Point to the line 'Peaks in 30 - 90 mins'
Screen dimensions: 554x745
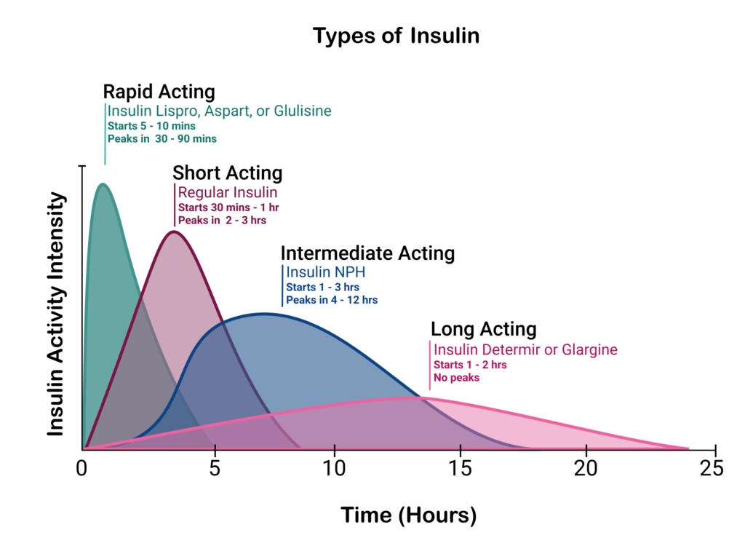coord(162,138)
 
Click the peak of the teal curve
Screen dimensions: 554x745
coord(103,183)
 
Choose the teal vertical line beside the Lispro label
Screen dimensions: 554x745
coord(105,135)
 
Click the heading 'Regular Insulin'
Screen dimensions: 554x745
coord(228,193)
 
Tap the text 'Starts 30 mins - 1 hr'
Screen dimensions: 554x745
coord(228,207)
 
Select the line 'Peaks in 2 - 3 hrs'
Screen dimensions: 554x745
coord(222,220)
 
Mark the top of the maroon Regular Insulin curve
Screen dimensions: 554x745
coord(173,232)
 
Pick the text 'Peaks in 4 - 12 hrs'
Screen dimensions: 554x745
coord(332,300)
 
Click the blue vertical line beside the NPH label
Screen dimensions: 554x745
coord(282,285)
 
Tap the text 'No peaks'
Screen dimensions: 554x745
coord(456,378)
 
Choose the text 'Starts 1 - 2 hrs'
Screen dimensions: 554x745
coord(470,365)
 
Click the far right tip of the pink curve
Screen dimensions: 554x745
coord(688,448)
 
